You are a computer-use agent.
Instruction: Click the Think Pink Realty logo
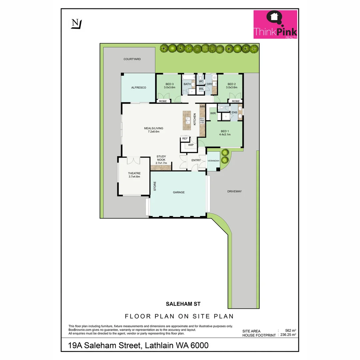[x=275, y=24]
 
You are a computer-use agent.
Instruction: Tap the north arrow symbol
[x=77, y=24]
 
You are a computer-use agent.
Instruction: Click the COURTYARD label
[x=132, y=59]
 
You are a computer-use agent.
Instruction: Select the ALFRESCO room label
[x=139, y=87]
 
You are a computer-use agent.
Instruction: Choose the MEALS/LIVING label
[x=154, y=130]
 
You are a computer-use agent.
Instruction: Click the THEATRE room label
[x=134, y=175]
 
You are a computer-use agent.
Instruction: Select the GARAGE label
[x=179, y=192]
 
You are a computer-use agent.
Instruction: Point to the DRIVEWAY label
[x=234, y=191]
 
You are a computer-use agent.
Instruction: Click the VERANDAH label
[x=213, y=161]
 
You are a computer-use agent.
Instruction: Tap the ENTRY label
[x=196, y=160]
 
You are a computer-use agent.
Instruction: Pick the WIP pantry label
[x=191, y=145]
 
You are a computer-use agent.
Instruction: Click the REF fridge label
[x=185, y=138]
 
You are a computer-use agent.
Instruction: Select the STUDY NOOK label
[x=161, y=158]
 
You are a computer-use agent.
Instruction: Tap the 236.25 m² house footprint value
[x=288, y=335]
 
